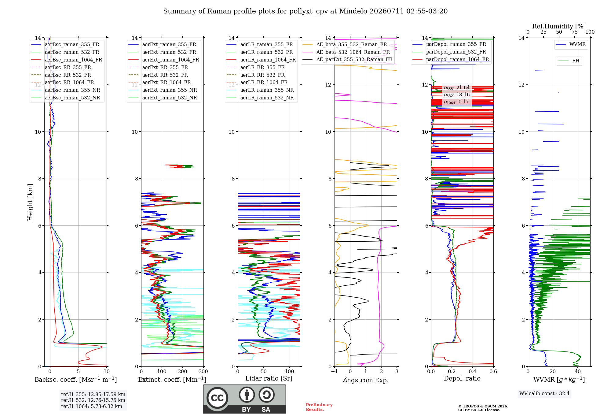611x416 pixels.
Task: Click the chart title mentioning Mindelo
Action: click(305, 11)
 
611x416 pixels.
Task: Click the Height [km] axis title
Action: click(30, 202)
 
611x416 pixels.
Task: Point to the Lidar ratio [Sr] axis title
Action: click(269, 378)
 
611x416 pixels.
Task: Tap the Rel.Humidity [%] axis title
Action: click(559, 26)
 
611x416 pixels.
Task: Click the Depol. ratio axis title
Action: click(462, 378)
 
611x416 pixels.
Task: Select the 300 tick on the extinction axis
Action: click(203, 371)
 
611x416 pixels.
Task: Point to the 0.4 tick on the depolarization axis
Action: click(472, 371)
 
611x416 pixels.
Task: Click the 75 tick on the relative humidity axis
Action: click(575, 32)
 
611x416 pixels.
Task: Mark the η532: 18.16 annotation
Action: click(457, 95)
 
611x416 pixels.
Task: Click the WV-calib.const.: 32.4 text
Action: click(544, 393)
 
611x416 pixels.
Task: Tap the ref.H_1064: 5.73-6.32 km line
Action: click(92, 406)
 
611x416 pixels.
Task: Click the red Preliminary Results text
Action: click(319, 407)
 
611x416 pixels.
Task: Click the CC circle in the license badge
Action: click(217, 398)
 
